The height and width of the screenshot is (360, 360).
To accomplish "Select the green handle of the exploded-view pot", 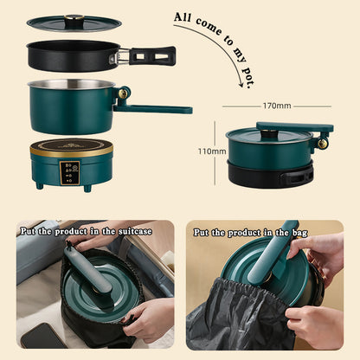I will click(160, 109).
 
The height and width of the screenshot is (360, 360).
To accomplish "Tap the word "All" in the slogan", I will click(184, 16).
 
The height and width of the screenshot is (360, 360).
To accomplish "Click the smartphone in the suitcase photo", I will click(39, 336).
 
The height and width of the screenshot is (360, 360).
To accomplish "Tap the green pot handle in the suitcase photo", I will click(87, 269).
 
